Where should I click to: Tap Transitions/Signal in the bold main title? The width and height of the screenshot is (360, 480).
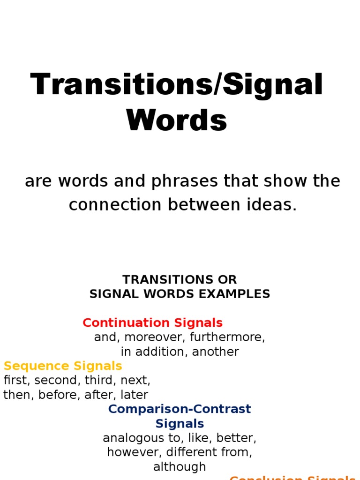pos(177,85)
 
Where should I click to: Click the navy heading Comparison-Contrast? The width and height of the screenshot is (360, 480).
pos(180,409)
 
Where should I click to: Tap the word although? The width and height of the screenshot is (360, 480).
pos(180,467)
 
